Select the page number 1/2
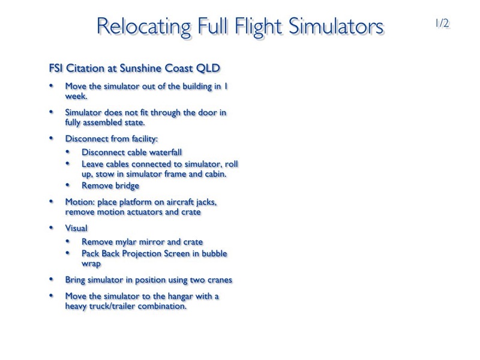[x=442, y=23]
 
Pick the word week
[x=76, y=96]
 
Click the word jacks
[x=206, y=202]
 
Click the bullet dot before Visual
[x=51, y=227]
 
